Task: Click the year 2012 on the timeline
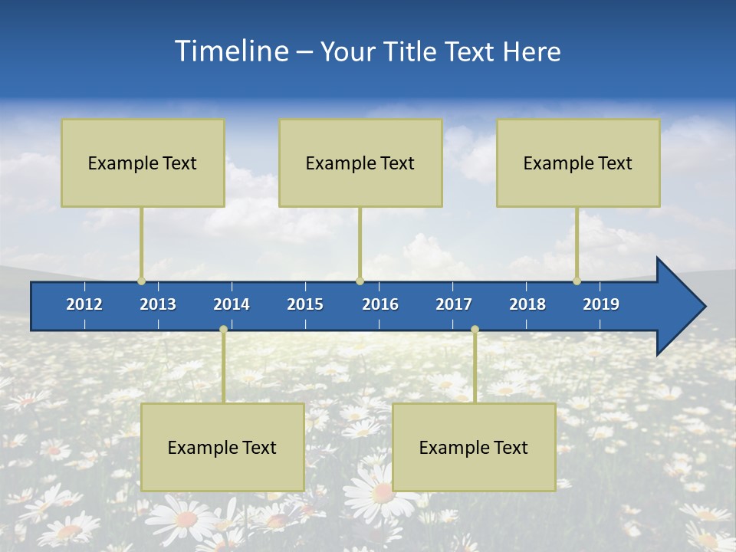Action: point(84,304)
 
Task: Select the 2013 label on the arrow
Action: point(158,304)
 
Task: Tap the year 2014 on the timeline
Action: point(232,304)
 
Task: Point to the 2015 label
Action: point(305,304)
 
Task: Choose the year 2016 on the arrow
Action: point(380,304)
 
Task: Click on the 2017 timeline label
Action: point(454,304)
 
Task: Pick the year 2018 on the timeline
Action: point(527,304)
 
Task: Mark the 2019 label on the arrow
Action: point(601,304)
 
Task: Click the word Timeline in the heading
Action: point(231,51)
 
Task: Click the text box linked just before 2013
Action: point(143,163)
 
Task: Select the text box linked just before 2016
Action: point(360,163)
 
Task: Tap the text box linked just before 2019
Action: point(578,163)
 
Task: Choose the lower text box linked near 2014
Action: point(222,447)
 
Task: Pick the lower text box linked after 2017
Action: point(474,447)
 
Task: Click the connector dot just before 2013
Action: point(141,281)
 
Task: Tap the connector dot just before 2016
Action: point(360,281)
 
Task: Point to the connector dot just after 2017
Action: point(475,330)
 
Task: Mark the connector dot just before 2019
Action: point(577,281)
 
